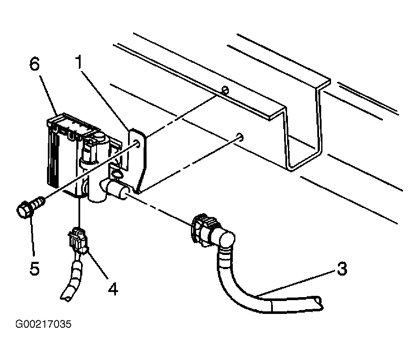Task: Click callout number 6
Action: (34, 64)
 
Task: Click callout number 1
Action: (79, 62)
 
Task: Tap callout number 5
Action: (34, 268)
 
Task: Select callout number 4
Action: (113, 289)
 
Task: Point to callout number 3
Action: (342, 268)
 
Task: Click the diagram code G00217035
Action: (43, 324)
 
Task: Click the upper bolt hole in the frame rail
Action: (225, 90)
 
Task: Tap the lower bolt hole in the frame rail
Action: (240, 137)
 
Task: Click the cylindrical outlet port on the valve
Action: (115, 189)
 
